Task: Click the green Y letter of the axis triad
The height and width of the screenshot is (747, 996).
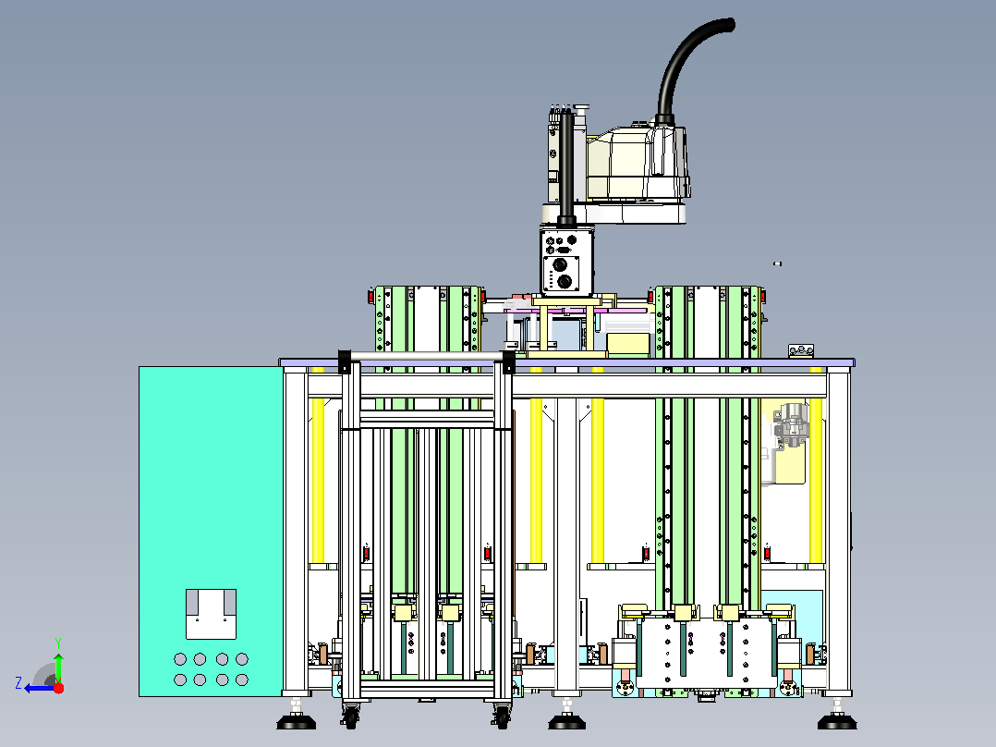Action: point(58,643)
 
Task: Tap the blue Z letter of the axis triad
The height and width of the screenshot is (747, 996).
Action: point(18,683)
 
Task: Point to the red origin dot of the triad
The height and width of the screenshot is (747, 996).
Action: point(58,688)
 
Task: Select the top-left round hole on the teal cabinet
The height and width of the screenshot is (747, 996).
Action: point(180,659)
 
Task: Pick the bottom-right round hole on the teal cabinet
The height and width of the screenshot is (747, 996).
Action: point(241,680)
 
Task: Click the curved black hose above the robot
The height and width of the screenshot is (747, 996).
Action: point(690,67)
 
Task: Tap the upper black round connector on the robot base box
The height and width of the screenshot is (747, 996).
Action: point(561,264)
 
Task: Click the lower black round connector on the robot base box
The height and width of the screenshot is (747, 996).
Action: point(564,281)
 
